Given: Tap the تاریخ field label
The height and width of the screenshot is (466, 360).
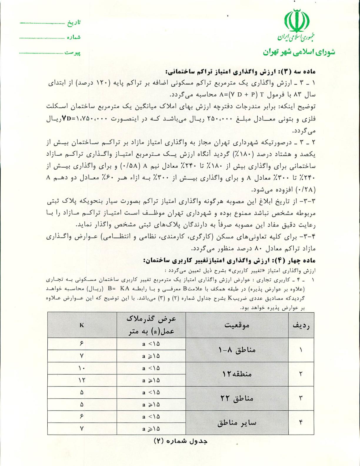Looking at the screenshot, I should pyautogui.click(x=74, y=23).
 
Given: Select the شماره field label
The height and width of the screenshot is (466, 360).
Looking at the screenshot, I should pyautogui.click(x=74, y=37).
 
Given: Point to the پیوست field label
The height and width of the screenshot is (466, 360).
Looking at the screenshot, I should pyautogui.click(x=73, y=53).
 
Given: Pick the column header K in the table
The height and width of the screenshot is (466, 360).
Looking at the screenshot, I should pyautogui.click(x=82, y=325).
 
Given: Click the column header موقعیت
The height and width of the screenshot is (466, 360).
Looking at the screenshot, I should pyautogui.click(x=237, y=325).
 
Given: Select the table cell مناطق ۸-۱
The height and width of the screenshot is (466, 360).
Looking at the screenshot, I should pyautogui.click(x=237, y=350).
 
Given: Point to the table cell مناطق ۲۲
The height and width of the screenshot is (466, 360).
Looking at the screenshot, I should pyautogui.click(x=237, y=399).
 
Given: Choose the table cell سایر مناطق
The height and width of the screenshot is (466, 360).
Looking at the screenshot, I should pyautogui.click(x=237, y=423).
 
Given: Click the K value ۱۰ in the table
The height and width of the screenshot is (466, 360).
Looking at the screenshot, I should pyautogui.click(x=82, y=368).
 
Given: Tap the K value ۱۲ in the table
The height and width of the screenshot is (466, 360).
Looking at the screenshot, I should pyautogui.click(x=82, y=380).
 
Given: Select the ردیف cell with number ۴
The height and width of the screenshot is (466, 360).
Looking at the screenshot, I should pyautogui.click(x=301, y=423).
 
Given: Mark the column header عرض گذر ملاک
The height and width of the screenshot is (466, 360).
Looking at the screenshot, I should pyautogui.click(x=151, y=325).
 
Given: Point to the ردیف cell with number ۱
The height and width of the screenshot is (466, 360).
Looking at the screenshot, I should pyautogui.click(x=301, y=350).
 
